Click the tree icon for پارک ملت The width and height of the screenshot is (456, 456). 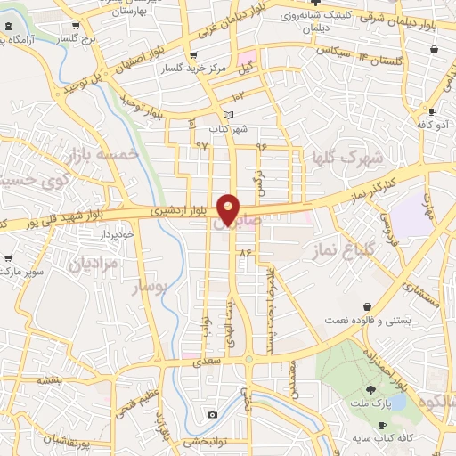pyautogui.click(x=370, y=389)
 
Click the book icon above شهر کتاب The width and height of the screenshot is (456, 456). pyautogui.click(x=229, y=115)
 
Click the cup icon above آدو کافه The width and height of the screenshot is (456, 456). pyautogui.click(x=432, y=112)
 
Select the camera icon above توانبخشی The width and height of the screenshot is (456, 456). pyautogui.click(x=212, y=414)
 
